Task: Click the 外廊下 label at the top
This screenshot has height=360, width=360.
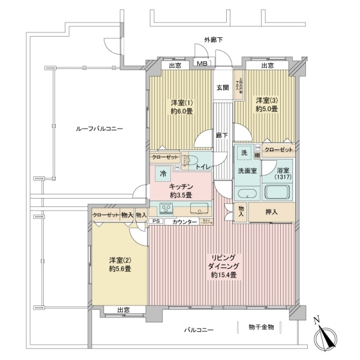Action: coord(214,40)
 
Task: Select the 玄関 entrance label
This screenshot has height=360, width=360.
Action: coord(223,88)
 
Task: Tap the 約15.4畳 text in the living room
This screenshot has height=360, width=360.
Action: coord(224,275)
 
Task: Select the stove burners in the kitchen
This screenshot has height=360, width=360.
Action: coord(166,209)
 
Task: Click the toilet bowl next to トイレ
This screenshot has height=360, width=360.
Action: coord(191,161)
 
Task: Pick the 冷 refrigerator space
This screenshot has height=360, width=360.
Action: coord(163,174)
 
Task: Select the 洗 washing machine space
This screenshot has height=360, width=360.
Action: coord(244,152)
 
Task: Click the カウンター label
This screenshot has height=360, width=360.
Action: coord(184,222)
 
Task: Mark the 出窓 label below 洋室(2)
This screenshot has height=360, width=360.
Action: coord(123,310)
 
